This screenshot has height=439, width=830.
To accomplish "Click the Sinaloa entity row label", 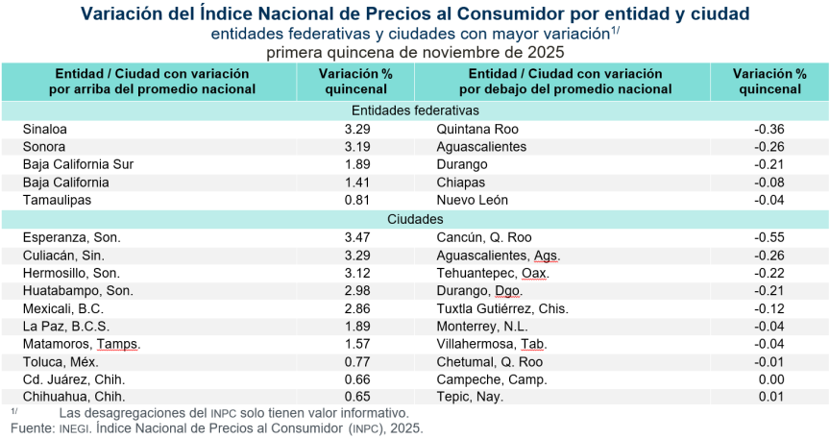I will point(47,129).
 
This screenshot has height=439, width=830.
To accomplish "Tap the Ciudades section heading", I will point(415,219).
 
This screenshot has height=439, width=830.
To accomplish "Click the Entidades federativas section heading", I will point(415,111).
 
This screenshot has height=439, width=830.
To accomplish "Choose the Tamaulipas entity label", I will point(58,200).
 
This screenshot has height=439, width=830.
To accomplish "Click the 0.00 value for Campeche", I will point(770,380).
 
